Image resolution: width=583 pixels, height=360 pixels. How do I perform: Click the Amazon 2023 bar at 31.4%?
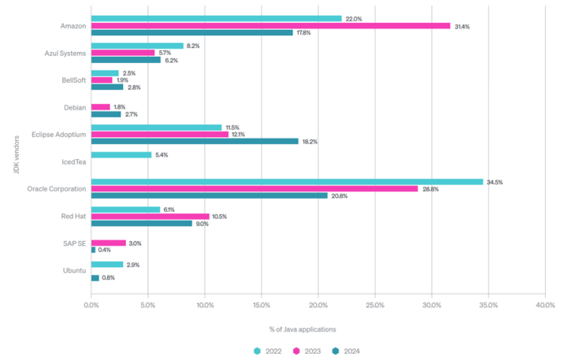270,26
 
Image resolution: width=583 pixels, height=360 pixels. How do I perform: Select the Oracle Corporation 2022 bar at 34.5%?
287,182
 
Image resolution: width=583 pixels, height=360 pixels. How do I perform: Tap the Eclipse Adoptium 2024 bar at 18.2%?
195,141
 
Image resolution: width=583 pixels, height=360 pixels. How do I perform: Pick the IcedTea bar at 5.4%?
121,155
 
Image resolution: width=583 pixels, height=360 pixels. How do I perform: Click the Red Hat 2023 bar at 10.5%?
150,217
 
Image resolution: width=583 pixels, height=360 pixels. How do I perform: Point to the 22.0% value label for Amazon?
353,18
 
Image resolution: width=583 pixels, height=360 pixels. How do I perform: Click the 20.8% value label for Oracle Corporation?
340,195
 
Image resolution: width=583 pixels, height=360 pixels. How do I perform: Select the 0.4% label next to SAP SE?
104,250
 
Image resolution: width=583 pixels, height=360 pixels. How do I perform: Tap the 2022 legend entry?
269,351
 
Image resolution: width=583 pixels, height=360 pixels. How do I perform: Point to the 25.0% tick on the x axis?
375,304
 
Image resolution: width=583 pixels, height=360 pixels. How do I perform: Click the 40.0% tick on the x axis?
545,304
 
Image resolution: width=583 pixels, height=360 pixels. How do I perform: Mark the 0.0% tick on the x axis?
91,304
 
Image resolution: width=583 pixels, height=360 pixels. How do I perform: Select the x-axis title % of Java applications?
318,328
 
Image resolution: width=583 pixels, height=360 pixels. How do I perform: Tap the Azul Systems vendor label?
65,54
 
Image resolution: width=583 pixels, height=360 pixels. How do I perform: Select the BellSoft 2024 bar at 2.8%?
107,87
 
